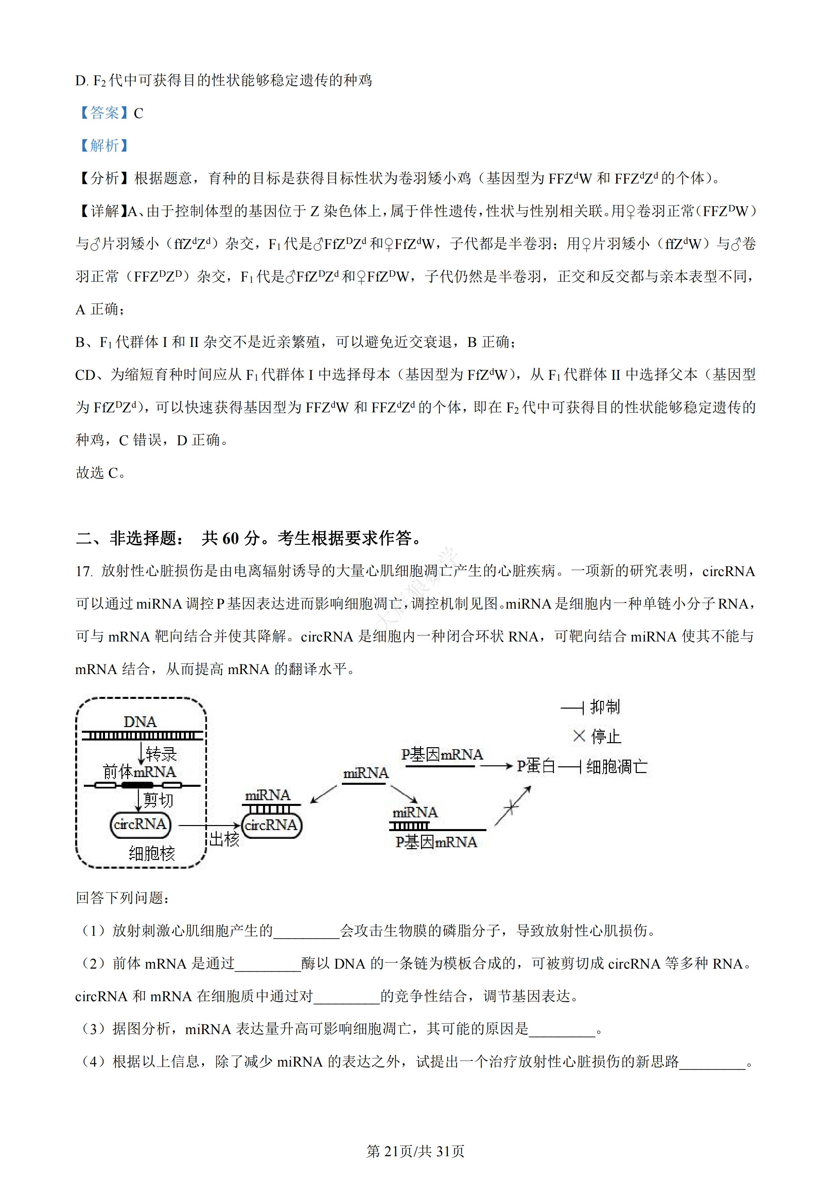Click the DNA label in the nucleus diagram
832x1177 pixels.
point(140,722)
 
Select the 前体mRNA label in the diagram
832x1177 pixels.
point(140,771)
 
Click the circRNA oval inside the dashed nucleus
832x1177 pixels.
point(140,824)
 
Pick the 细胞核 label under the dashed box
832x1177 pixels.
point(152,854)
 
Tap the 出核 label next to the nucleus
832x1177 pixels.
point(224,839)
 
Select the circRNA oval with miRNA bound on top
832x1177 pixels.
point(271,825)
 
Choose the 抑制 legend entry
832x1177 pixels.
point(605,707)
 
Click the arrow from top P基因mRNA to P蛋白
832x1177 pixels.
point(496,766)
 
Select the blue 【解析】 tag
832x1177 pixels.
point(104,146)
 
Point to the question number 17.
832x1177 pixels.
point(84,572)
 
